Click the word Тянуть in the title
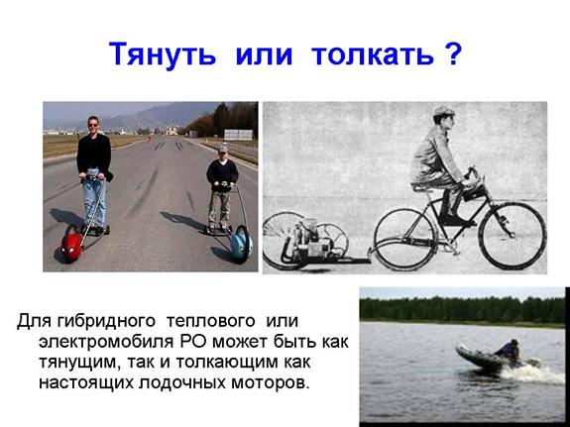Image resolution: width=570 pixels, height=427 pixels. pyautogui.click(x=163, y=54)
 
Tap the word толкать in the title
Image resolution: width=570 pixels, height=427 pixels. pyautogui.click(x=373, y=54)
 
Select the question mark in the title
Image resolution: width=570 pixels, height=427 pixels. pyautogui.click(x=453, y=53)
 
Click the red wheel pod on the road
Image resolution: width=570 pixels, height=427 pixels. pyautogui.click(x=72, y=243)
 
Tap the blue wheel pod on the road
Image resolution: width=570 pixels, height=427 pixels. pyautogui.click(x=242, y=243)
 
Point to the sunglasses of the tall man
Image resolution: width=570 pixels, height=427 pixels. pyautogui.click(x=93, y=125)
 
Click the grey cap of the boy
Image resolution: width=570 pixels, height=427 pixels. pyautogui.click(x=222, y=148)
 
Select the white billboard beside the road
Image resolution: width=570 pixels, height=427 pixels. pyautogui.click(x=238, y=135)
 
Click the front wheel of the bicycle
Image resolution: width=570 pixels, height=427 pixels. pyautogui.click(x=513, y=236)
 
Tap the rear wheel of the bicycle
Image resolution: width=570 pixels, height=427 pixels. pyautogui.click(x=405, y=239)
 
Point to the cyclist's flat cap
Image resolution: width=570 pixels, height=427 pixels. pyautogui.click(x=443, y=111)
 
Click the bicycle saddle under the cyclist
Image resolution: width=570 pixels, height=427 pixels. pyautogui.click(x=422, y=187)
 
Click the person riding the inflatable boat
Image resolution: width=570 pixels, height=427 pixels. pyautogui.click(x=509, y=351)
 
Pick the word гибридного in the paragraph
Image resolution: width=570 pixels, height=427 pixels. pyautogui.click(x=106, y=321)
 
